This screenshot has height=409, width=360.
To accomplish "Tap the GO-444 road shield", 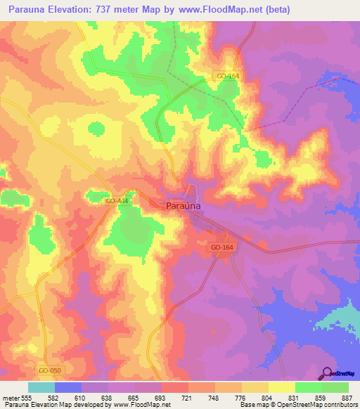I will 116,201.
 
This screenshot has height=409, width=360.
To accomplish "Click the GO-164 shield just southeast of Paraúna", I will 221,248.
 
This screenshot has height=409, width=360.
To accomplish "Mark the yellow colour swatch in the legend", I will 282,387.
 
